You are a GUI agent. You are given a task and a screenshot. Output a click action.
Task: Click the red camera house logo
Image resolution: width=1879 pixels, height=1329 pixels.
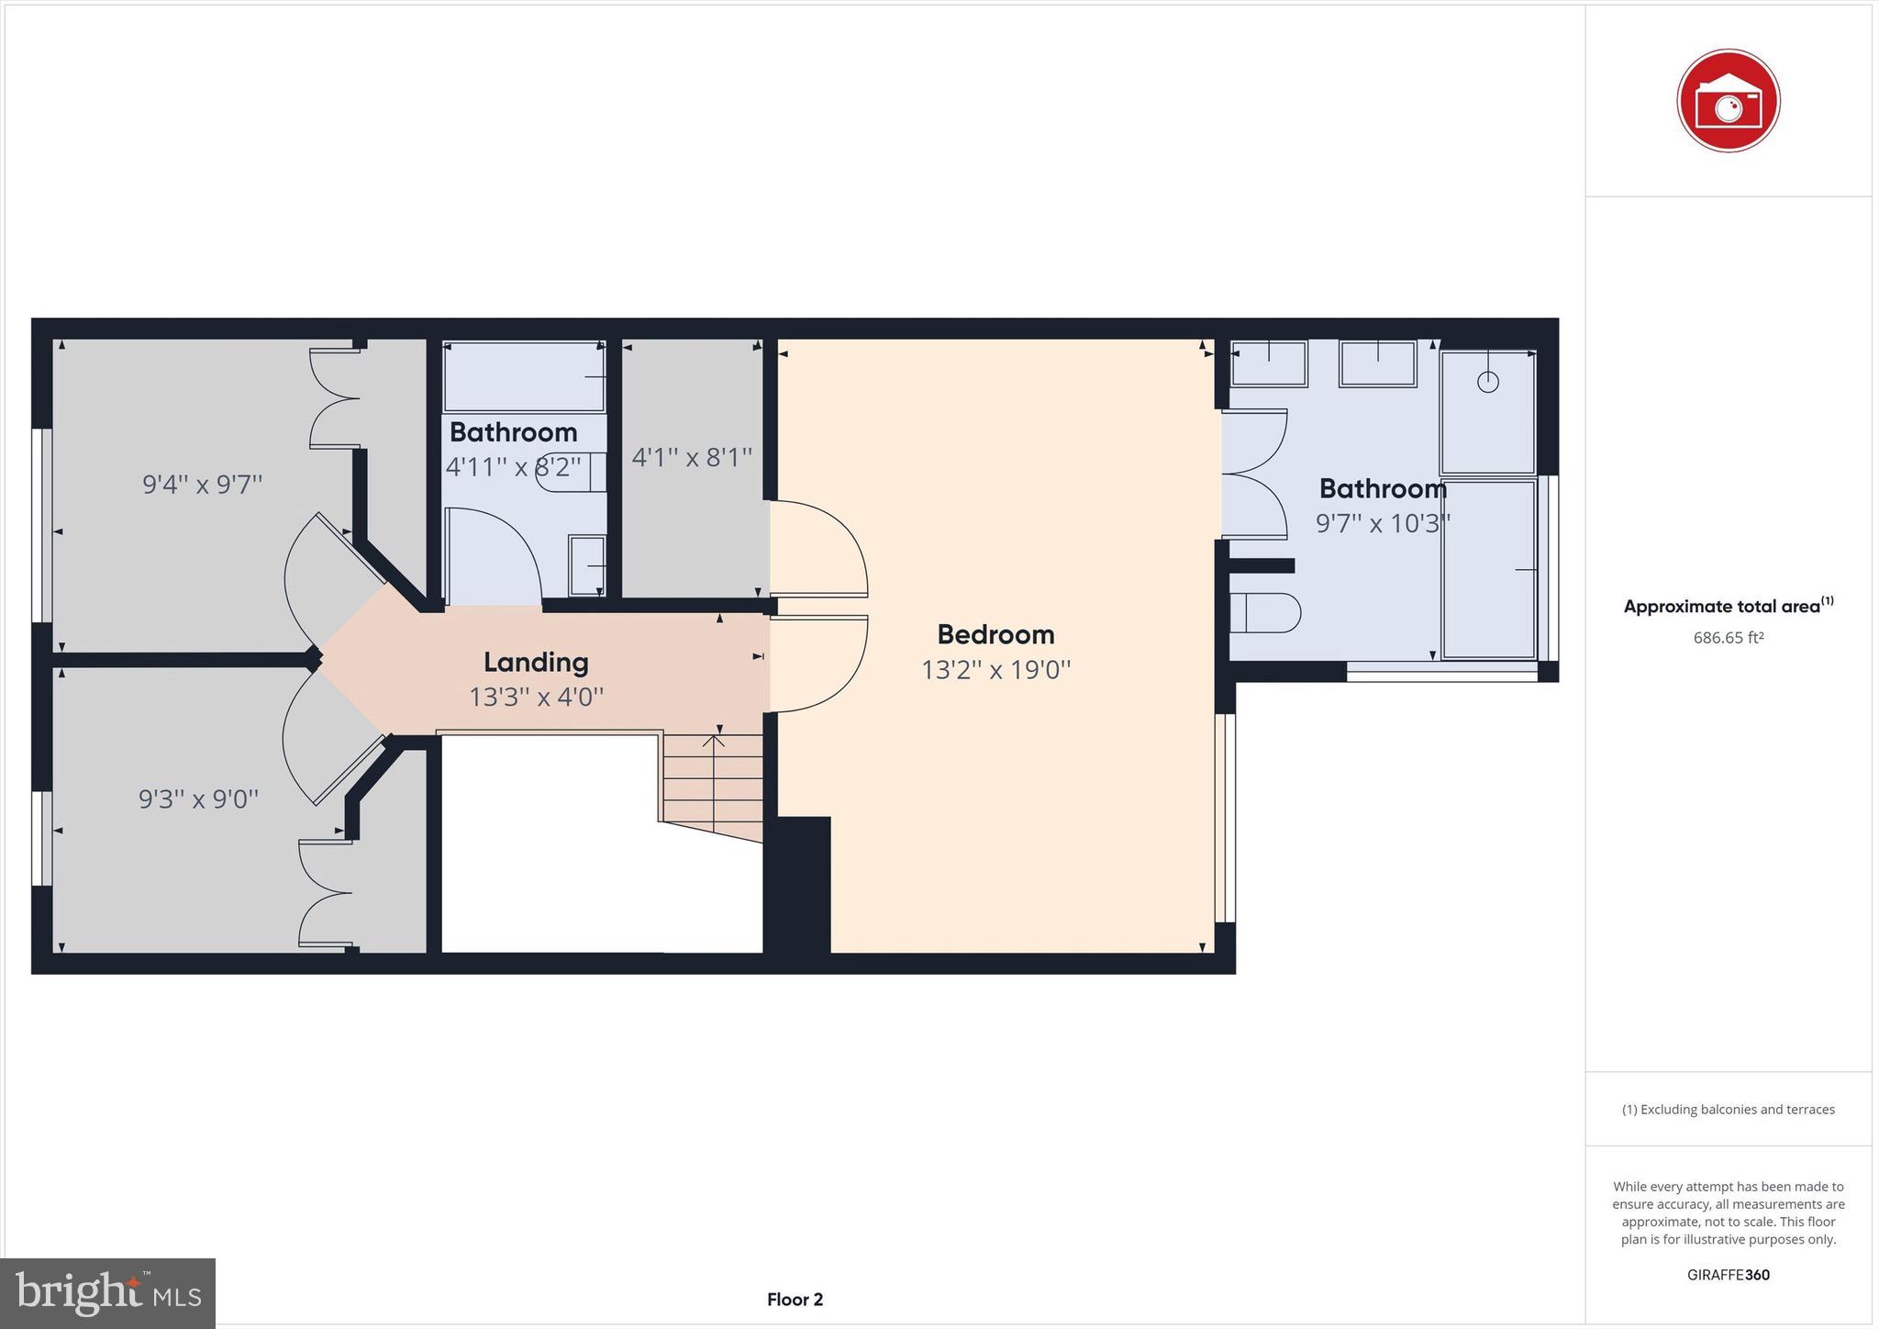[1728, 101]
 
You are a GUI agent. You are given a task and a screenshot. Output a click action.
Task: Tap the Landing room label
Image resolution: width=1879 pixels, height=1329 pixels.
[536, 662]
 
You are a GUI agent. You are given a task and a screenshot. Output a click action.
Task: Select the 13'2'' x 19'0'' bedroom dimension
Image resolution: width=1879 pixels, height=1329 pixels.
[995, 670]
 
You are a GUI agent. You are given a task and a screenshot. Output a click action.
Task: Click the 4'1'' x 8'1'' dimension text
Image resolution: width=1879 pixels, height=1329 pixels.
[692, 456]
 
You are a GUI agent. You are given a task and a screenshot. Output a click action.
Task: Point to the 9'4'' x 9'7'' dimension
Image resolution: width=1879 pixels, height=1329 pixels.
[202, 484]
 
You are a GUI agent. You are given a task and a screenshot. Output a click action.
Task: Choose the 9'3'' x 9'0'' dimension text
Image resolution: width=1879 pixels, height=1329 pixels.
[198, 799]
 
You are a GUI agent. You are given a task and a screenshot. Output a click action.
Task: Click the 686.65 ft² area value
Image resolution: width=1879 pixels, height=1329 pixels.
[1728, 637]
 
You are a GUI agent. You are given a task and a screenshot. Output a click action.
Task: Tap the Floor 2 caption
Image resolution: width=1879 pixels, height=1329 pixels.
[795, 1300]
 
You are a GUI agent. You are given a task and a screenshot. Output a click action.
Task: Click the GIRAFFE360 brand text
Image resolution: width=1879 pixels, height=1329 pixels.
[1728, 1275]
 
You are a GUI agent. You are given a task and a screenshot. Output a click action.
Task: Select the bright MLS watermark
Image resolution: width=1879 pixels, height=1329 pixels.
[107, 1293]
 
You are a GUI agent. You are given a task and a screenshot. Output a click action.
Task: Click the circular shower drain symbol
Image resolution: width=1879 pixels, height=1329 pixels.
[1487, 382]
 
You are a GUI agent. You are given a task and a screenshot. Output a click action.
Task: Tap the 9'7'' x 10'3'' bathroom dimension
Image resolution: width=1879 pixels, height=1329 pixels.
[1383, 523]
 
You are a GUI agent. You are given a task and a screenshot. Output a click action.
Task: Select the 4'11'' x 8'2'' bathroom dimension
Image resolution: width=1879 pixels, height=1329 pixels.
[513, 467]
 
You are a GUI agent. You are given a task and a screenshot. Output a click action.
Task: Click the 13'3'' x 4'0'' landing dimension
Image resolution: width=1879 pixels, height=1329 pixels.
[536, 697]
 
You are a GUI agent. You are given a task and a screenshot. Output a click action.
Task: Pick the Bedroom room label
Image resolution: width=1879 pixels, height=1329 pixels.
[995, 634]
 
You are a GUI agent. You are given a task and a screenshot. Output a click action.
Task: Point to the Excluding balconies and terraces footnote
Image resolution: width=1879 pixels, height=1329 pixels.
[1728, 1110]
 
